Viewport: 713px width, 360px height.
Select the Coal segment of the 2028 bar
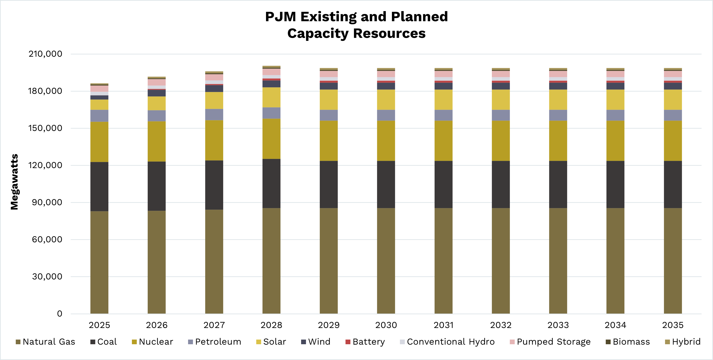point(271,183)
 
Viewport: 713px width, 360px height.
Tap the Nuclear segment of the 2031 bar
point(443,141)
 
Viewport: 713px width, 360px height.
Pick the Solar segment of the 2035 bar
point(673,100)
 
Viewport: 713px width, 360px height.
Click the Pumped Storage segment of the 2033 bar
point(558,74)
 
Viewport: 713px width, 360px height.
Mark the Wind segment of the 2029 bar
point(329,86)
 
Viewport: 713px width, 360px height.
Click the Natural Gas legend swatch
point(18,342)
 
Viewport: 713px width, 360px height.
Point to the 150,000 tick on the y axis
point(45,128)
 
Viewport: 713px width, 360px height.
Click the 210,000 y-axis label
point(45,54)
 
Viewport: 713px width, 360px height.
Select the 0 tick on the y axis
point(60,314)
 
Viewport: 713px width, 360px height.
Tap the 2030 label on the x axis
point(386,325)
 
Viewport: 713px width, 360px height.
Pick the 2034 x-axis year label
point(615,325)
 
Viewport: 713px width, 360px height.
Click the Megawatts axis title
point(14,182)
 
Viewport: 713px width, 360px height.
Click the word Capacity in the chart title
point(318,34)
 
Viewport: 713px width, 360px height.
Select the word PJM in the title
point(280,17)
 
